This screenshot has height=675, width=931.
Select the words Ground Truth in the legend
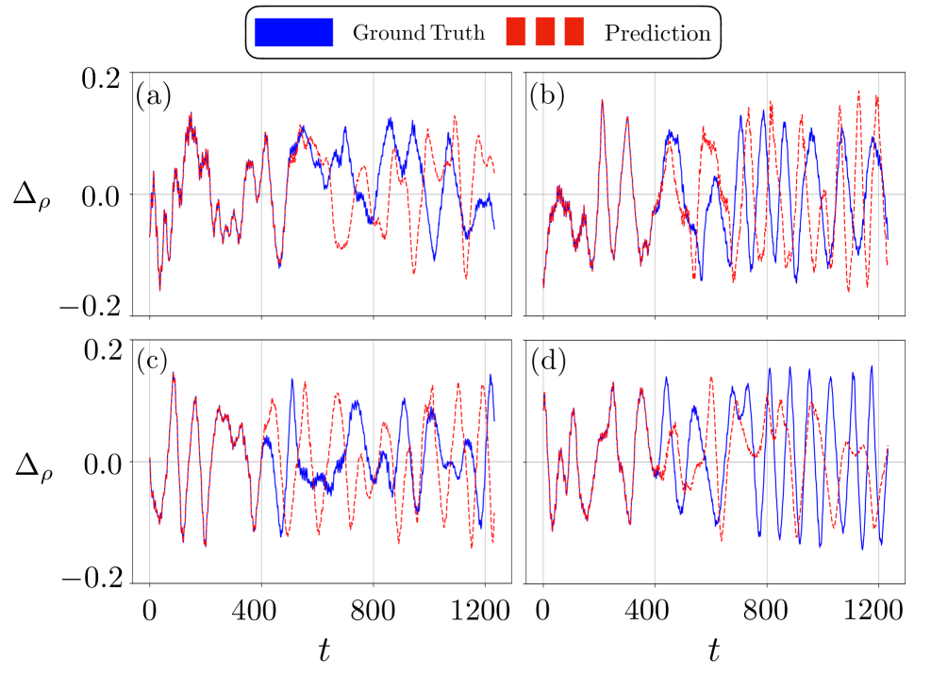tap(419, 33)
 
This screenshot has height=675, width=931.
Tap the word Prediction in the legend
tap(657, 33)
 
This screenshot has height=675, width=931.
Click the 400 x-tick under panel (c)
tap(261, 609)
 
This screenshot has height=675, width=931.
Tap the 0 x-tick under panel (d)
tap(543, 609)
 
